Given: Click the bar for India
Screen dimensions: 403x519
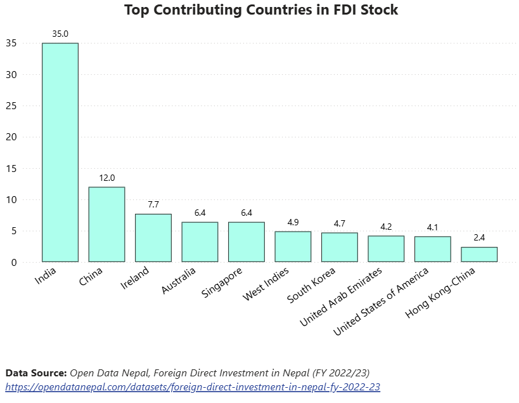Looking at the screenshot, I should [60, 152].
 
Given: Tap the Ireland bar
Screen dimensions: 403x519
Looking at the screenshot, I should [153, 238].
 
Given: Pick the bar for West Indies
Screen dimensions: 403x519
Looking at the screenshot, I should [293, 246].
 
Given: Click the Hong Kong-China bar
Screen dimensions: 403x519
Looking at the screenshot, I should [479, 254].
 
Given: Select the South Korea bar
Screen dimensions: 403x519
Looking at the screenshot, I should [340, 247].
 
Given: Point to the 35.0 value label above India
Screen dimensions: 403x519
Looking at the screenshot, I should [60, 34].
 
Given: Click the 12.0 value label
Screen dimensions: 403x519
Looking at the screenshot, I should [106, 178].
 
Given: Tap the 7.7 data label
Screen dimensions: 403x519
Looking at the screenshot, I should [153, 204].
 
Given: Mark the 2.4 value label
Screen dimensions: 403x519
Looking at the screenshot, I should [479, 237].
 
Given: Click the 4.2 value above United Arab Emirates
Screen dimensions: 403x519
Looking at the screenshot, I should [386, 227].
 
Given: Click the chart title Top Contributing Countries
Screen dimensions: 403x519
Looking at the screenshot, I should [260, 11].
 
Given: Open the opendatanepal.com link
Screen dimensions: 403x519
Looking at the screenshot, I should [193, 386].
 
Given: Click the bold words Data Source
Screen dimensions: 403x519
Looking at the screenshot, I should [35, 373].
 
